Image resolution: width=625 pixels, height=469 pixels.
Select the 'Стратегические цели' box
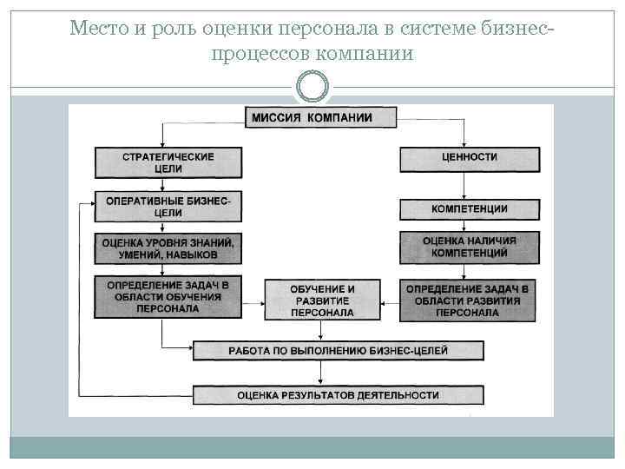(168, 162)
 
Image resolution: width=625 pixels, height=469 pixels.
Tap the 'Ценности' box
(470, 158)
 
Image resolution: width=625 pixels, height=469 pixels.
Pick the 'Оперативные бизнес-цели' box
(168, 207)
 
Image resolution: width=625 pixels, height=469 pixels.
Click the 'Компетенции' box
(470, 209)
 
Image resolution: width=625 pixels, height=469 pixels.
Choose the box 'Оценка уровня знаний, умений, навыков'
(168, 248)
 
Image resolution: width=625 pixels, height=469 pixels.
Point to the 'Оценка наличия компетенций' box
(470, 248)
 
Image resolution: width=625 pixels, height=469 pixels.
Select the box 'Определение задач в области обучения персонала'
(168, 297)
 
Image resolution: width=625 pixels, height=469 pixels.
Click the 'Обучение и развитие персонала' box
(322, 300)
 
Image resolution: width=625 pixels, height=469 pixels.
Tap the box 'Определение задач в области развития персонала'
(468, 300)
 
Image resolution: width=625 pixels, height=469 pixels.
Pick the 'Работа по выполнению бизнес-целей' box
(338, 350)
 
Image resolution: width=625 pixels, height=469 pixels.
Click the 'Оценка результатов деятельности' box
(338, 395)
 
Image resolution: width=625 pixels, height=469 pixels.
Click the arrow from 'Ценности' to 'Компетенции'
(465, 184)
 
